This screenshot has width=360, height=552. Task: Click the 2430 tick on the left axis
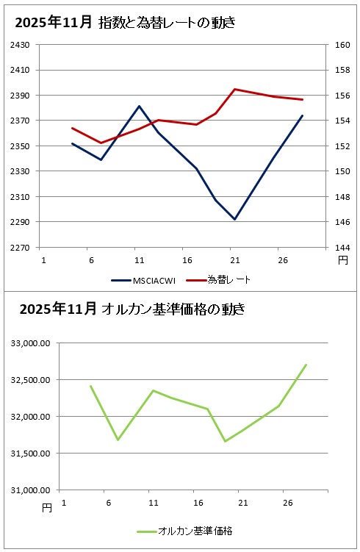[19, 45]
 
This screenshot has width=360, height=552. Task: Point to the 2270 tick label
[19, 248]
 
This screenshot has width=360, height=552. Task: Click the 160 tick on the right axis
[343, 45]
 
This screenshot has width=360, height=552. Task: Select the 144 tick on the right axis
[343, 248]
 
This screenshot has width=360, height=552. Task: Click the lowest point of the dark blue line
[235, 219]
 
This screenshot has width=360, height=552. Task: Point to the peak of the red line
[235, 89]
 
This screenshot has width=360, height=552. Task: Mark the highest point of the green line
[306, 365]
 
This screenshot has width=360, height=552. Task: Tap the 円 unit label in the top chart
[343, 260]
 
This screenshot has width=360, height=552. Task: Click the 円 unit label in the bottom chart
[47, 507]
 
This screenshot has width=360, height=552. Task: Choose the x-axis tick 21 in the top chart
[235, 259]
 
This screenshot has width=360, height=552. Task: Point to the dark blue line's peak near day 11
[139, 106]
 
